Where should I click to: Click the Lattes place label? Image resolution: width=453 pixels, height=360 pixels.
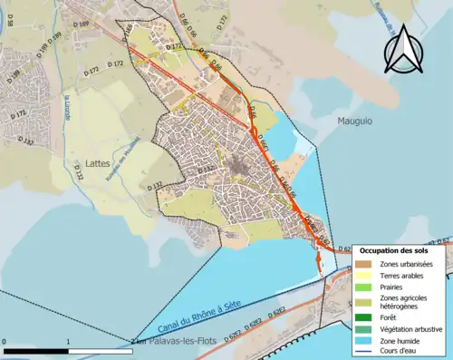click(x=98, y=164)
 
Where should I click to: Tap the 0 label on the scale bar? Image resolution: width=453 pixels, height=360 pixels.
click(x=5, y=342)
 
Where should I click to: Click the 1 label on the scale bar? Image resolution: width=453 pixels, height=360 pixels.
click(x=69, y=342)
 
